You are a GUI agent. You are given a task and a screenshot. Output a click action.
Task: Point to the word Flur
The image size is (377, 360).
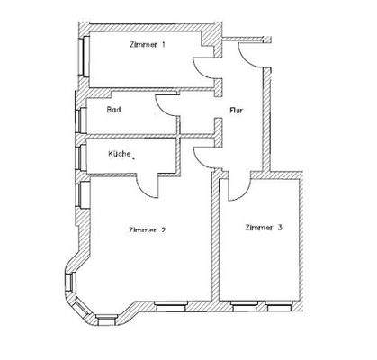click(238, 111)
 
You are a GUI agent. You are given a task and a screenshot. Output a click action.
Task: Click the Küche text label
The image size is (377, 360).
click(121, 155)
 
